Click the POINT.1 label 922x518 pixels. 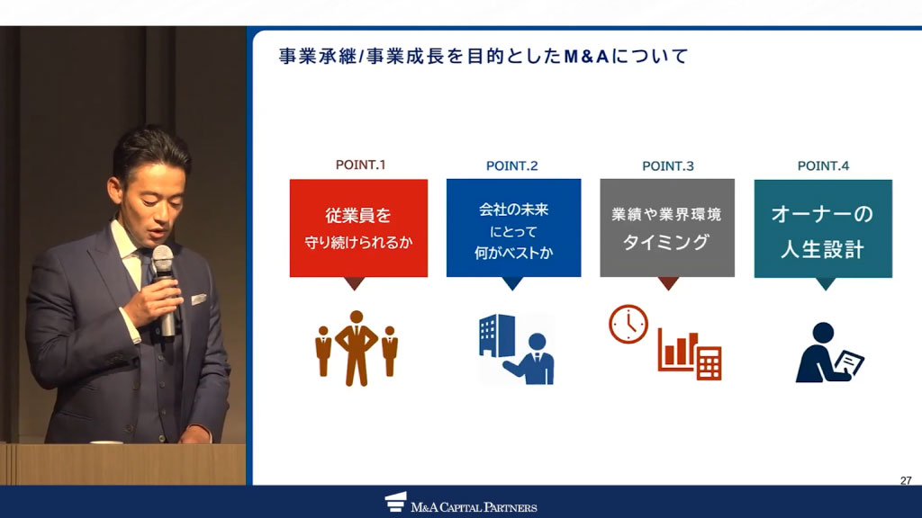[360, 165]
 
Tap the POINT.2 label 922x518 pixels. [511, 165]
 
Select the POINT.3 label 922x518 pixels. [668, 165]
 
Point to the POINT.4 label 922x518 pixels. [823, 165]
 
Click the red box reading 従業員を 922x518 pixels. [358, 228]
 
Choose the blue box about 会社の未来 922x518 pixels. [513, 228]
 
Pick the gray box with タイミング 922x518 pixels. [667, 228]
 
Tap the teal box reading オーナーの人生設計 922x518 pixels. [823, 228]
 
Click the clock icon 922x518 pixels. [628, 324]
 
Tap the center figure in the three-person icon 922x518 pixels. [357, 347]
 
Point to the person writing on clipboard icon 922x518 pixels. [827, 353]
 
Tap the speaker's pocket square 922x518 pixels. [197, 299]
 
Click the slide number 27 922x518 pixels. [906, 481]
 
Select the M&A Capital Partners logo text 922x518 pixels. [474, 507]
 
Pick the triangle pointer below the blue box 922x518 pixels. [512, 283]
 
